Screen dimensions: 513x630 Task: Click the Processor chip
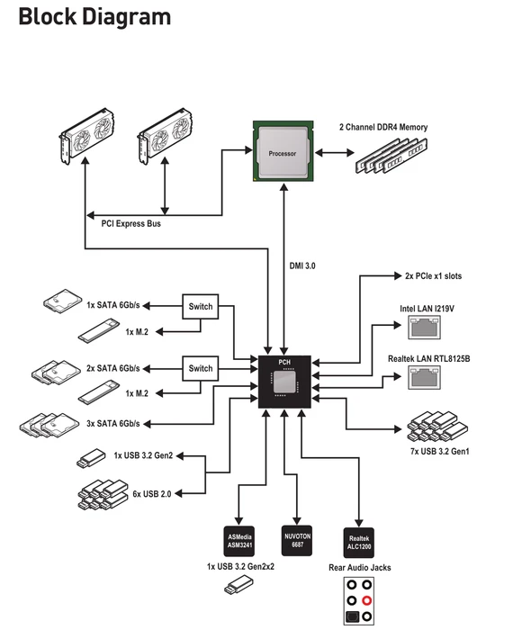coord(283,151)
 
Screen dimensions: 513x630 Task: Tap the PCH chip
coord(284,382)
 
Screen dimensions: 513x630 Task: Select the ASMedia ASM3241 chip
coord(239,541)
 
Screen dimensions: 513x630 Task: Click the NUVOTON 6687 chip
coord(297,540)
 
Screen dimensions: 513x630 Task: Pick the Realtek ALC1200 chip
coord(359,543)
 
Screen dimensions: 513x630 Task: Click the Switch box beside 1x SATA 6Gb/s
coord(201,307)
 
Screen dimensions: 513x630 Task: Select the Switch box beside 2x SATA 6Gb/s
coord(201,368)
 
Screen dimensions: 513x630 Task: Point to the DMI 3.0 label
coord(302,266)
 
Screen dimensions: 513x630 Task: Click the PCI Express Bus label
coord(131,224)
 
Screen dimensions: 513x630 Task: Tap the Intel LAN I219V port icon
coord(424,327)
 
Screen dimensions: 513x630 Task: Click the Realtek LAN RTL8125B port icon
coord(424,378)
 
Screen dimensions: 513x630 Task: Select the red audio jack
coord(366,600)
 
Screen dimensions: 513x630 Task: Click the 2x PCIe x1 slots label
coord(434,276)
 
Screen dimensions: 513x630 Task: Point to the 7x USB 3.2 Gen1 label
coord(440,451)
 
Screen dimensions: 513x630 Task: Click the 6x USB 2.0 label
coord(152,494)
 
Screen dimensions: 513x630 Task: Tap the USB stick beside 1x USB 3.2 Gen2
coord(91,457)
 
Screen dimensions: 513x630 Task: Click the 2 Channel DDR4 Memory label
coord(383,128)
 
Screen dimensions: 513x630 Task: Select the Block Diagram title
coord(94,17)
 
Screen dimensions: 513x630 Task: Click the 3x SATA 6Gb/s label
coord(113,424)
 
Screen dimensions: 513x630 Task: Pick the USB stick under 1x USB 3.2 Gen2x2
coord(239,585)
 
